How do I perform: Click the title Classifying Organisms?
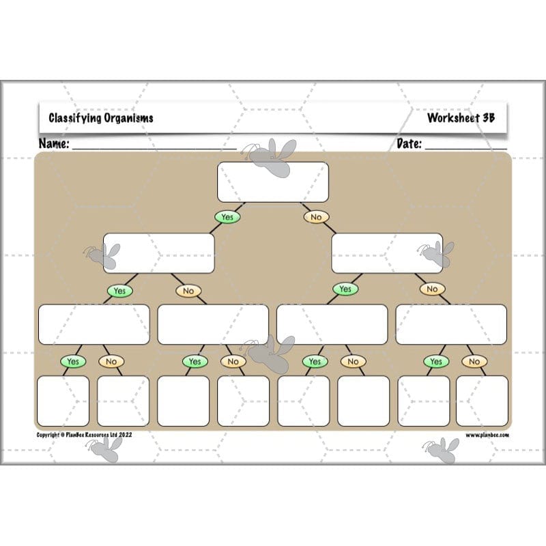(x=101, y=117)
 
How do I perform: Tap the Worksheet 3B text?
(x=461, y=117)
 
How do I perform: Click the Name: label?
(x=54, y=144)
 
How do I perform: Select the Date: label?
(x=409, y=144)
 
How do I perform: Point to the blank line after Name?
(x=154, y=147)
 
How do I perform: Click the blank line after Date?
(x=466, y=147)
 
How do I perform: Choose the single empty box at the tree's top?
(x=273, y=182)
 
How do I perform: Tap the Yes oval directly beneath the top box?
(x=227, y=217)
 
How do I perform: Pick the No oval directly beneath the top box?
(x=315, y=217)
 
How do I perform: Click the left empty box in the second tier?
(x=158, y=253)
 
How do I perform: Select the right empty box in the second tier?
(x=387, y=253)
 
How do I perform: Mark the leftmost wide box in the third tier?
(x=94, y=324)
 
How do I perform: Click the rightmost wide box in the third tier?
(x=451, y=324)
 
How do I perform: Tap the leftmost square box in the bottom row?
(x=63, y=401)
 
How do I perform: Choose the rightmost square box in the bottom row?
(x=482, y=401)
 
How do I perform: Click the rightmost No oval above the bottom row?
(x=474, y=362)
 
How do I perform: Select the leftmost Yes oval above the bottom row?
(x=73, y=361)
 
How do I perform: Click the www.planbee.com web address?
(x=487, y=434)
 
